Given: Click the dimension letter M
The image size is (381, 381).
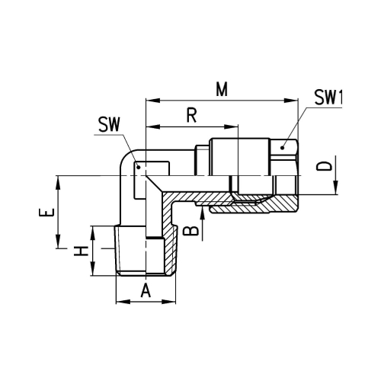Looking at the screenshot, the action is point(222,89).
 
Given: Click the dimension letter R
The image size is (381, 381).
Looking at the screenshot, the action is point(192,115).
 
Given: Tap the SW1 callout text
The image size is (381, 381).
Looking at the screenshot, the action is point(328,98).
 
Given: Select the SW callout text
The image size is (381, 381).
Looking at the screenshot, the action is point(109,124).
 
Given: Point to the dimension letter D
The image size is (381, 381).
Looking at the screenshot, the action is point(325,166).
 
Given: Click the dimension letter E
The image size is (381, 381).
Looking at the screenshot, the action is point(46,212).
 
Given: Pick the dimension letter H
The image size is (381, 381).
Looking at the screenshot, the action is point(81,251).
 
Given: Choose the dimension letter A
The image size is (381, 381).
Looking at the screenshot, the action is point(146,290).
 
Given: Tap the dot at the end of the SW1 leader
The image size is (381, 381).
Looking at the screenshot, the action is point(282,148).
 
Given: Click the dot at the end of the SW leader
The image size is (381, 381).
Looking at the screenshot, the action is point(139,167).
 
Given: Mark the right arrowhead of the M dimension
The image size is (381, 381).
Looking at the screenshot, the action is point(291,101).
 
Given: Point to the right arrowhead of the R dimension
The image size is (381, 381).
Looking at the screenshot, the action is point(231,126).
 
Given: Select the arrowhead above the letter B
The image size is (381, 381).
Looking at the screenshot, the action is point(202,213).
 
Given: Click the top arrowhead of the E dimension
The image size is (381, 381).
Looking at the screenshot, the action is point(58,182).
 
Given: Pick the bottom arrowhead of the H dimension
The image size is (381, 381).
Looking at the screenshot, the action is point(93,269).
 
